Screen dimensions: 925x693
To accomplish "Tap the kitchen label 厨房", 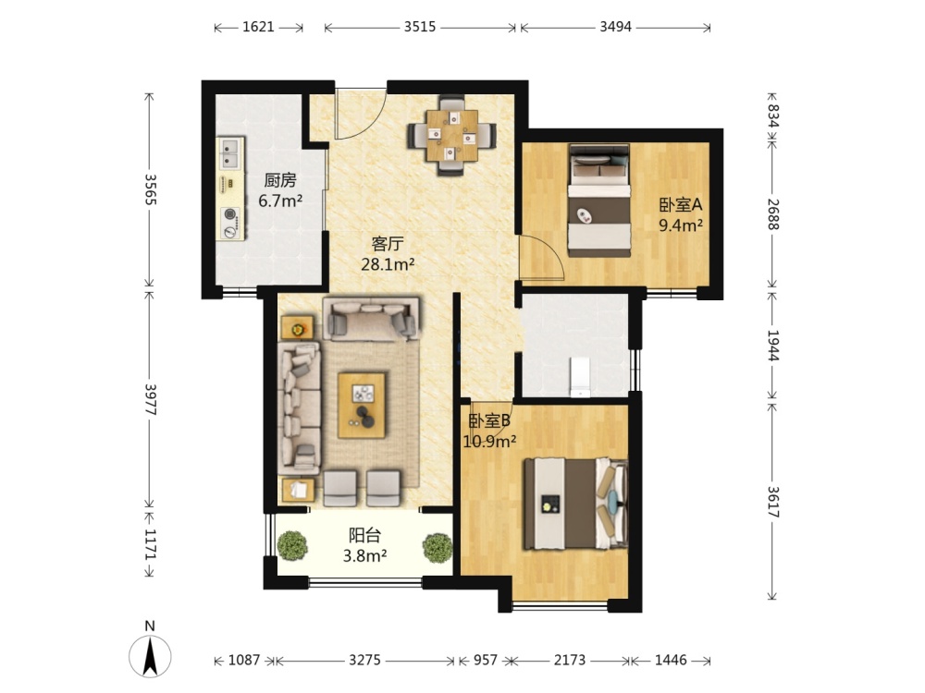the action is point(280,180).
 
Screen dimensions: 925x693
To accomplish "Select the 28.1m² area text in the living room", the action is point(388,264).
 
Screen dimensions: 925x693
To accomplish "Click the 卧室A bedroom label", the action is point(680,205).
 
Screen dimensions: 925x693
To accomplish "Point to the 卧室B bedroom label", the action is point(489,420).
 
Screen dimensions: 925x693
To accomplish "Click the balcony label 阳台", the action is point(364,535).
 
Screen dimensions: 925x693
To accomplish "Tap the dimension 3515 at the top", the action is point(420,27).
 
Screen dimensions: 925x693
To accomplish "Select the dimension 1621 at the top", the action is point(258,27).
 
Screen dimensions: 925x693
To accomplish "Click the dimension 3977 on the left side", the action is point(150,399).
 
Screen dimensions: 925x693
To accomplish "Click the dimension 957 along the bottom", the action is point(486,660).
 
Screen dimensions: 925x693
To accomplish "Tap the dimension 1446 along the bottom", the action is point(671,660).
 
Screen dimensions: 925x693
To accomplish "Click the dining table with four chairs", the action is point(452,136).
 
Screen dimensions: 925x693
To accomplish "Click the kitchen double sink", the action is point(230,152).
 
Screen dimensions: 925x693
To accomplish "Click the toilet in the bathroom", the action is point(580,376).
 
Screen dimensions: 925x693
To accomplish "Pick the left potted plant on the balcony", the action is point(292,546).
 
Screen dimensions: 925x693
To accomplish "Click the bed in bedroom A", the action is point(598,201).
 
